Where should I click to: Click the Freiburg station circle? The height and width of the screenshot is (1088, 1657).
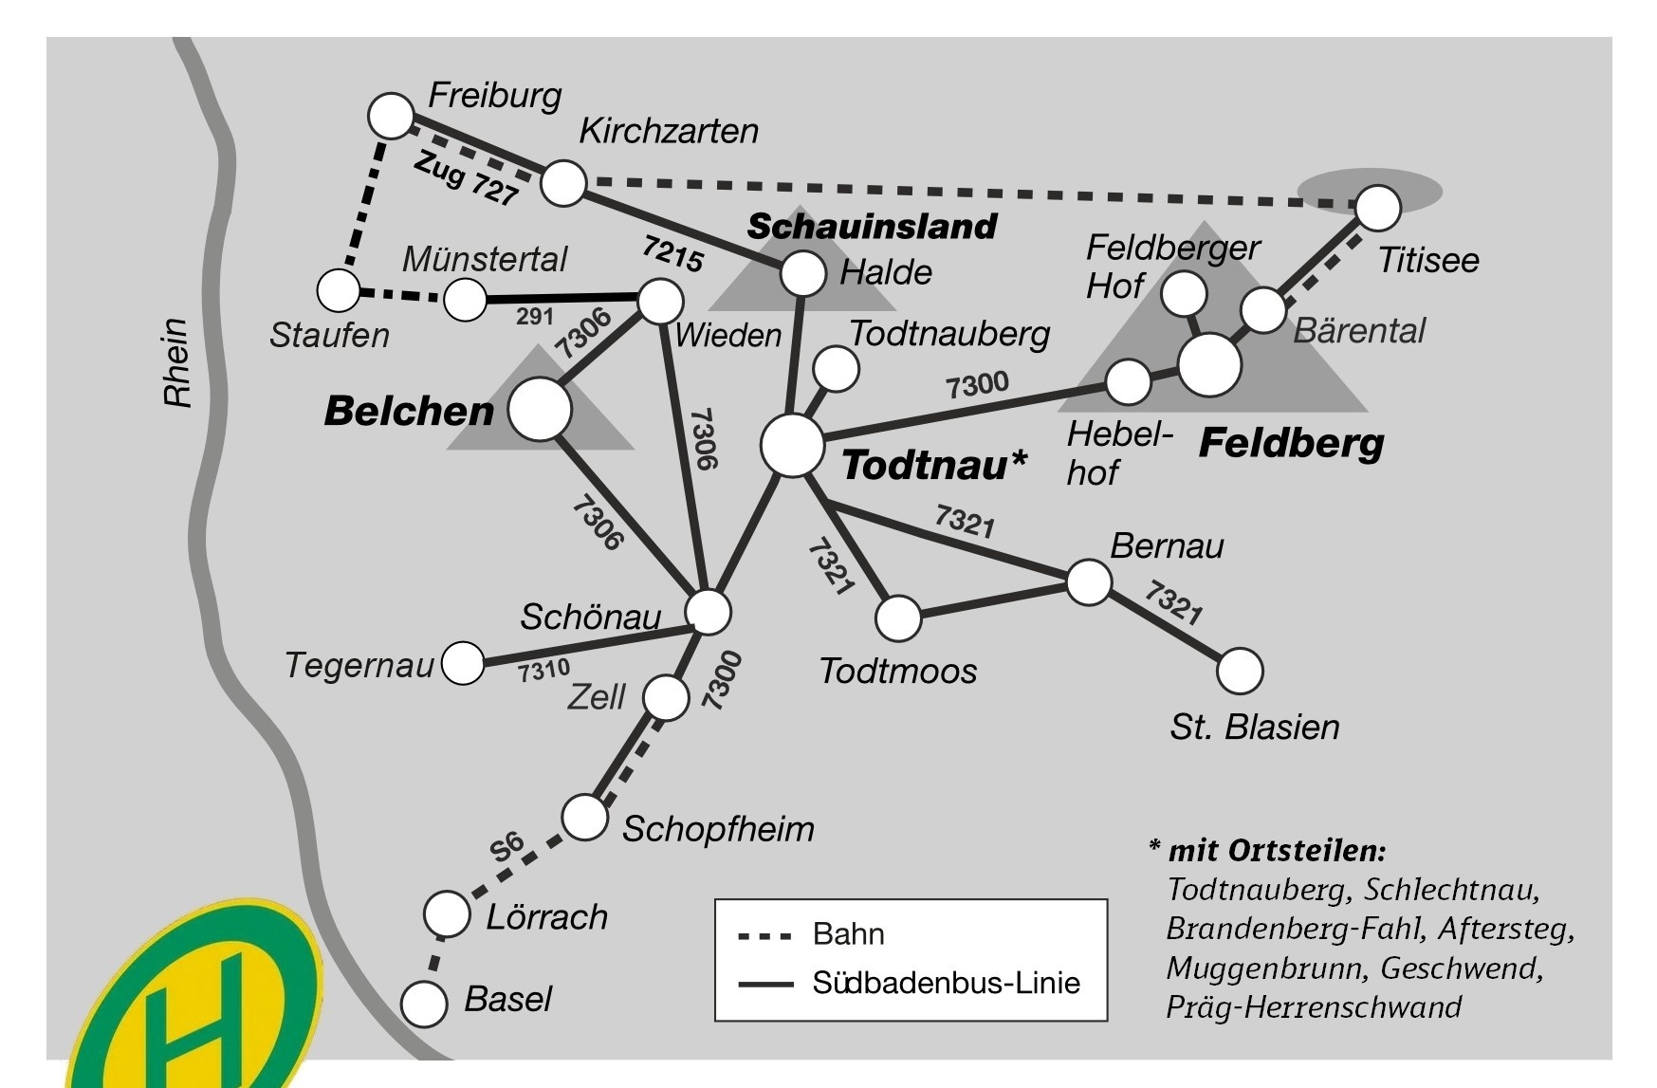coord(391,116)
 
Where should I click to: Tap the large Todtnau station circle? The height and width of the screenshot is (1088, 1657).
coord(792,445)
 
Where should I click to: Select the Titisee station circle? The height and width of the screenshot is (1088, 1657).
coord(1377,208)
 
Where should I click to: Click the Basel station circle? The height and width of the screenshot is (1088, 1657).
coord(424,1004)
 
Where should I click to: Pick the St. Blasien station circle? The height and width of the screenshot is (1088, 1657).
coord(1240,672)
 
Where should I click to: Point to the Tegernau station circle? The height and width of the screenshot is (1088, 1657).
coord(463,662)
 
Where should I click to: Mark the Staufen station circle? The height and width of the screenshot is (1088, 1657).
coord(339,290)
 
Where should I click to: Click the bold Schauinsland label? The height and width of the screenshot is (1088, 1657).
coord(872,227)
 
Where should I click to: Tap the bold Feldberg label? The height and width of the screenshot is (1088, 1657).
coord(1291,443)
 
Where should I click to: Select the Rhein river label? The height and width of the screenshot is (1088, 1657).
coord(177,362)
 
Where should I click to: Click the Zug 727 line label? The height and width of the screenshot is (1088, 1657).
coord(467,179)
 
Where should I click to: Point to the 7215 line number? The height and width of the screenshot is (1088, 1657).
coord(672,253)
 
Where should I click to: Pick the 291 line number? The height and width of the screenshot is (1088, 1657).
coord(535,316)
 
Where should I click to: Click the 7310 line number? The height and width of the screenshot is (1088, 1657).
coord(543,672)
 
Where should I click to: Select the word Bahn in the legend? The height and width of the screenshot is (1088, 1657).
coord(848,934)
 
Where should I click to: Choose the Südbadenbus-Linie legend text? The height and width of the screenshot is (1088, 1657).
coord(946,983)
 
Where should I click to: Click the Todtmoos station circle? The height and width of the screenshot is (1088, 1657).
coord(898,618)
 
